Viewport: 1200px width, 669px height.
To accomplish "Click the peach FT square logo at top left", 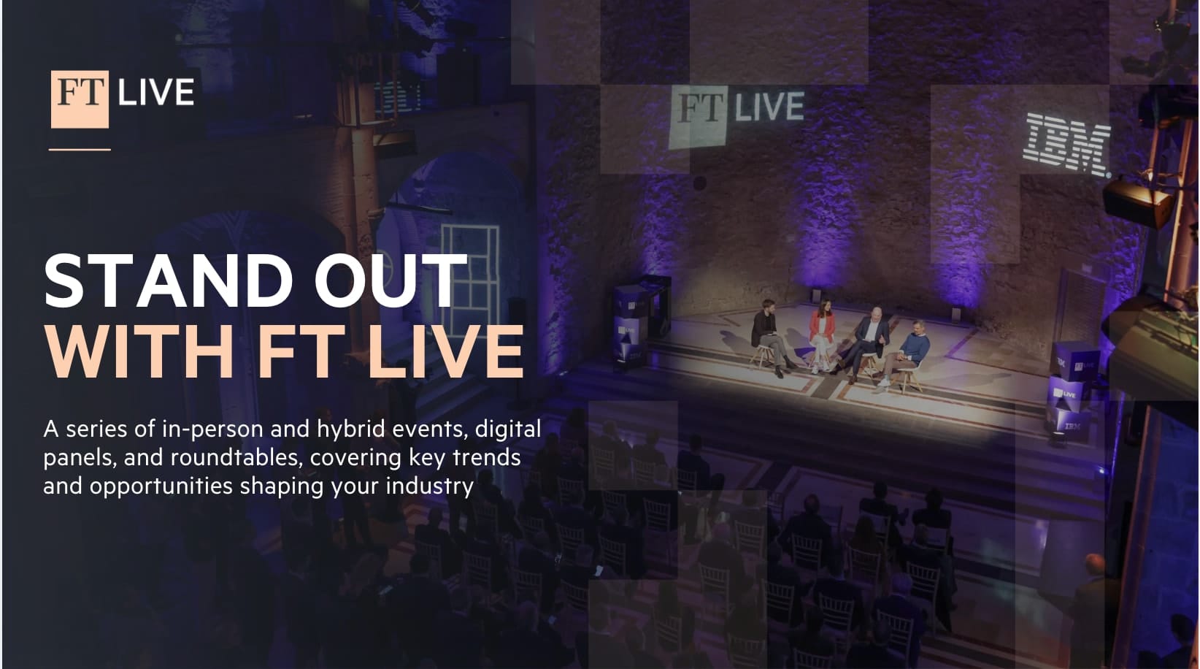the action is (x=80, y=99).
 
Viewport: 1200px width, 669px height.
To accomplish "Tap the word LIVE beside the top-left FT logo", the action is (x=156, y=92).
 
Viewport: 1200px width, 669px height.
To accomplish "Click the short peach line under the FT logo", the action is (x=80, y=150).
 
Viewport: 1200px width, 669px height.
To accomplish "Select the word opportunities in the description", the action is (x=161, y=486).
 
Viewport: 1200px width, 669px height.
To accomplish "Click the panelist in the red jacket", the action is (x=820, y=335).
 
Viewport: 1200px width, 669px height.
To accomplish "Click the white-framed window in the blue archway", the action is (x=469, y=280).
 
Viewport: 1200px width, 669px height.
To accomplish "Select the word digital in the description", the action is (x=508, y=429).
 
